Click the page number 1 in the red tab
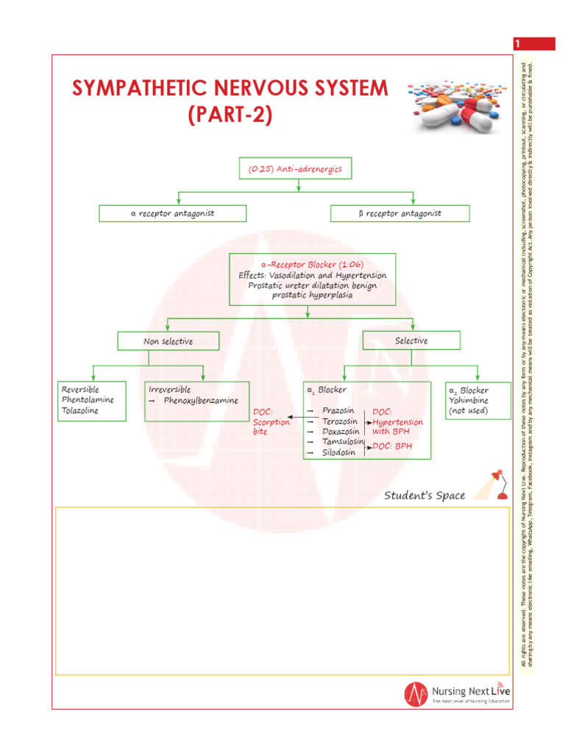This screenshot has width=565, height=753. point(518,44)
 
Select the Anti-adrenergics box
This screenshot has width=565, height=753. point(295,169)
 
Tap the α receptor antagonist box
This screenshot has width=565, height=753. point(173,213)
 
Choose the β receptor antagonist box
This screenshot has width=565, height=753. point(399,213)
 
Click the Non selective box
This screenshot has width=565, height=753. point(168,341)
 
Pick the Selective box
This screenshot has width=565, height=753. point(411,340)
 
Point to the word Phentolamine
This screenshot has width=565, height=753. point(88,400)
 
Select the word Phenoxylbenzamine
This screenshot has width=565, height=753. point(201,400)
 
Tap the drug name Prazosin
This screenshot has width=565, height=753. point(338,410)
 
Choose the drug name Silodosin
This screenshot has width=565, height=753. point(339,452)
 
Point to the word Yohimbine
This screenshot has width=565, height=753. point(469,400)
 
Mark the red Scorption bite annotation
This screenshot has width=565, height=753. point(271,427)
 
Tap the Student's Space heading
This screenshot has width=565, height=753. point(424,496)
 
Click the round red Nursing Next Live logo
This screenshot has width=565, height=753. point(416,693)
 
